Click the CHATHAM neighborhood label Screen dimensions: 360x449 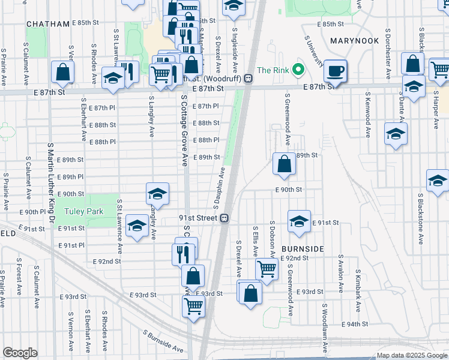click(48, 24)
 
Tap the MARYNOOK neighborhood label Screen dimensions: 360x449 click(354, 40)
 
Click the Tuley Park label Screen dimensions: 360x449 click(85, 212)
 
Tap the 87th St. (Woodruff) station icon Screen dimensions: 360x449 click(247, 79)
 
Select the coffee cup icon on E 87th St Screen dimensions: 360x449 click(335, 71)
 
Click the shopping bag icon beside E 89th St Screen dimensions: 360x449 click(284, 163)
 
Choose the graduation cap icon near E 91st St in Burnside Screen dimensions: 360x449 click(298, 221)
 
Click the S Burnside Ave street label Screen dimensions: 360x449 click(164, 340)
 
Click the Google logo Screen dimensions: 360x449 click(20, 353)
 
